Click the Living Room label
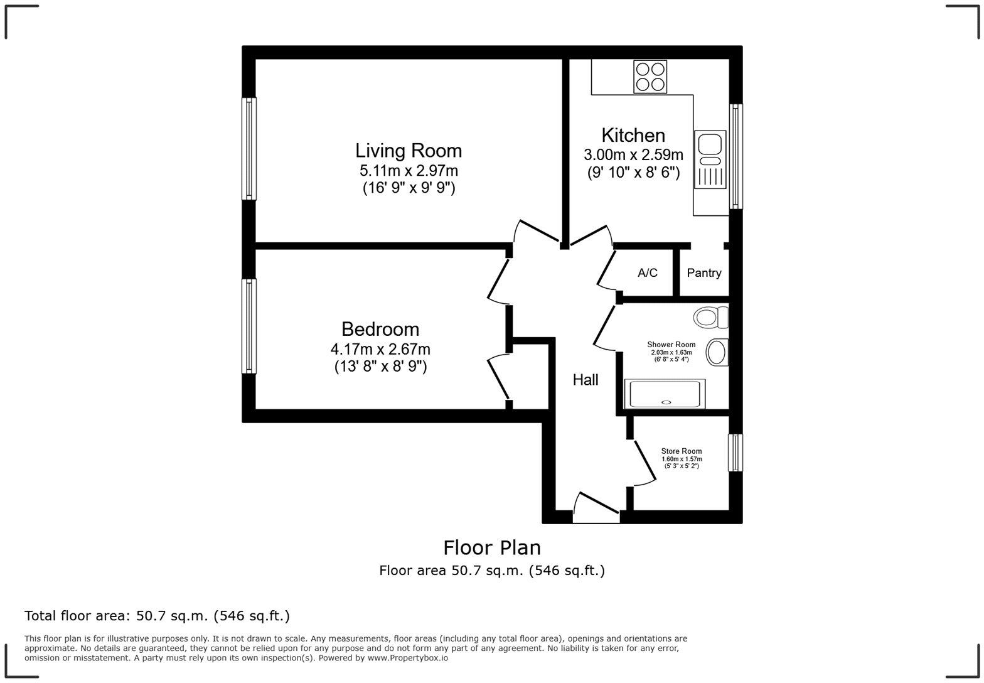tap(409, 151)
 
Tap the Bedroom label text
tap(380, 329)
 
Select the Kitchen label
tap(633, 135)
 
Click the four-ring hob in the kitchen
tap(650, 77)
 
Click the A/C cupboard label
tap(648, 272)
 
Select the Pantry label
tap(703, 272)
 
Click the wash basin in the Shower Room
tap(717, 352)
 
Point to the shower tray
tap(665, 394)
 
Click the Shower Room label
tap(671, 345)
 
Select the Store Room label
tap(681, 451)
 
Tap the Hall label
tap(585, 380)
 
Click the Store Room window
tap(735, 453)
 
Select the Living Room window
tap(249, 149)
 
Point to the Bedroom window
tap(249, 326)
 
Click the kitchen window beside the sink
tap(735, 156)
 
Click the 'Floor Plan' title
tap(492, 548)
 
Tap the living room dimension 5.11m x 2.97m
tap(409, 170)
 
